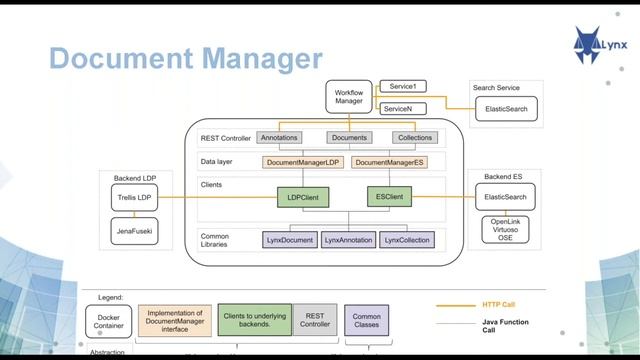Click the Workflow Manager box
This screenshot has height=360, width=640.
[347, 96]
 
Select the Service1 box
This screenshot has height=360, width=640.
[402, 87]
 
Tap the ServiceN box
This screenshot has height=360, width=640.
[402, 108]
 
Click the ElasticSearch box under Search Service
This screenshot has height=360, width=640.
[506, 108]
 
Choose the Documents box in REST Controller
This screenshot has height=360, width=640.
[349, 137]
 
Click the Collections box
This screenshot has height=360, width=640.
[414, 137]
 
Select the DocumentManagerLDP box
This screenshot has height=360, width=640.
[304, 162]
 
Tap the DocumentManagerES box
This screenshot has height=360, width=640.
[390, 162]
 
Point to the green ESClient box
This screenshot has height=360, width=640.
[389, 198]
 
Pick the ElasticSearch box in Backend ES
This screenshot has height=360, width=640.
[505, 198]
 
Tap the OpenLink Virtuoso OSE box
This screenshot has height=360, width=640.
[505, 231]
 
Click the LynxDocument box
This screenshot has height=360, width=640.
[289, 240]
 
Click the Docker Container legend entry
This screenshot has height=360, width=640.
[110, 319]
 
